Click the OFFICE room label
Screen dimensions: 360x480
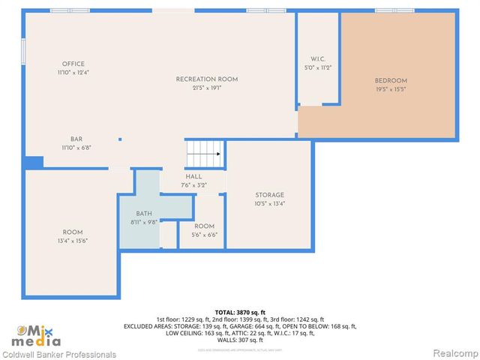[73, 64]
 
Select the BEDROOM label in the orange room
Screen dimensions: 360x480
[391, 81]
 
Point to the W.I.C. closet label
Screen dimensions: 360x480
[317, 59]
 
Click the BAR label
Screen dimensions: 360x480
[76, 139]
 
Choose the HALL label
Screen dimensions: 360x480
[193, 177]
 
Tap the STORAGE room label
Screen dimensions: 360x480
[269, 195]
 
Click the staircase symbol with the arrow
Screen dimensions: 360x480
[204, 154]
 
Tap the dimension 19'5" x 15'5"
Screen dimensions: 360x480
[391, 90]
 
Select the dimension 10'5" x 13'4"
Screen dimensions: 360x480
[269, 203]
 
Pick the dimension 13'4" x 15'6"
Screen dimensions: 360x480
[73, 241]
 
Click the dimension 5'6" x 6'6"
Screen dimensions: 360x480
[204, 235]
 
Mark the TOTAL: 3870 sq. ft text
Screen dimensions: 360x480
[240, 312]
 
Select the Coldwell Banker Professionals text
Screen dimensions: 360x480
[58, 355]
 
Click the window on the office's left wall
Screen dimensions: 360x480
[24, 50]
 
